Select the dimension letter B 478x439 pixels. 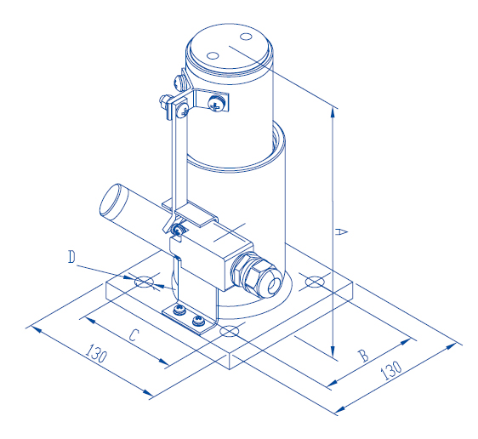coord(363,356)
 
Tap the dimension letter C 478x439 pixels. coord(133,335)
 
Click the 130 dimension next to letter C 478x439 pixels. coord(97,355)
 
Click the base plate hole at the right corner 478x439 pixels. coord(314,282)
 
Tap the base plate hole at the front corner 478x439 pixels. coord(229,330)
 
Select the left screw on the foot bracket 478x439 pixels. coord(179,311)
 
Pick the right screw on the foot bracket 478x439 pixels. coord(197,322)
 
